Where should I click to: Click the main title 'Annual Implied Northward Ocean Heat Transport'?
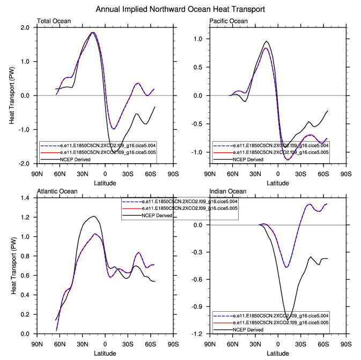click(180, 10)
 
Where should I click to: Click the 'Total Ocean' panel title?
click(54, 21)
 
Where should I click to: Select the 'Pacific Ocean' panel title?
click(229, 21)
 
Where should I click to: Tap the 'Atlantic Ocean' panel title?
click(57, 192)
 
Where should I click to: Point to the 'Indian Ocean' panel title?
click(227, 192)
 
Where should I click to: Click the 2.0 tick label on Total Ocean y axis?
click(25, 27)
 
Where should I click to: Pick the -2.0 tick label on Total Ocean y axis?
click(24, 164)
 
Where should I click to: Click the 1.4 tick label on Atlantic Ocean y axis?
click(25, 198)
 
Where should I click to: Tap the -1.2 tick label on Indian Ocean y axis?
click(196, 334)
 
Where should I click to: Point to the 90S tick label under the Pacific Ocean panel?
click(345, 174)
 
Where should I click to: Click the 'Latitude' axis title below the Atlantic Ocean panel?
click(105, 353)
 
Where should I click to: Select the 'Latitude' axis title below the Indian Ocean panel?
click(277, 353)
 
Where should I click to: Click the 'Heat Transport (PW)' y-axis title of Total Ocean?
click(12, 95)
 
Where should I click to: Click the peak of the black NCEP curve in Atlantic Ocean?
click(94, 216)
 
